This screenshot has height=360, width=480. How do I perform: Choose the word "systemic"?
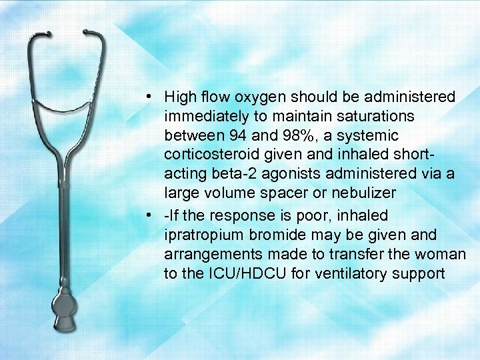[x=371, y=136]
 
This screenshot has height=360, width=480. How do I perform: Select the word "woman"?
[x=445, y=255]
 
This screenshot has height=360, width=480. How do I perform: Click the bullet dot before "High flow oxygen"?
[x=153, y=98]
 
